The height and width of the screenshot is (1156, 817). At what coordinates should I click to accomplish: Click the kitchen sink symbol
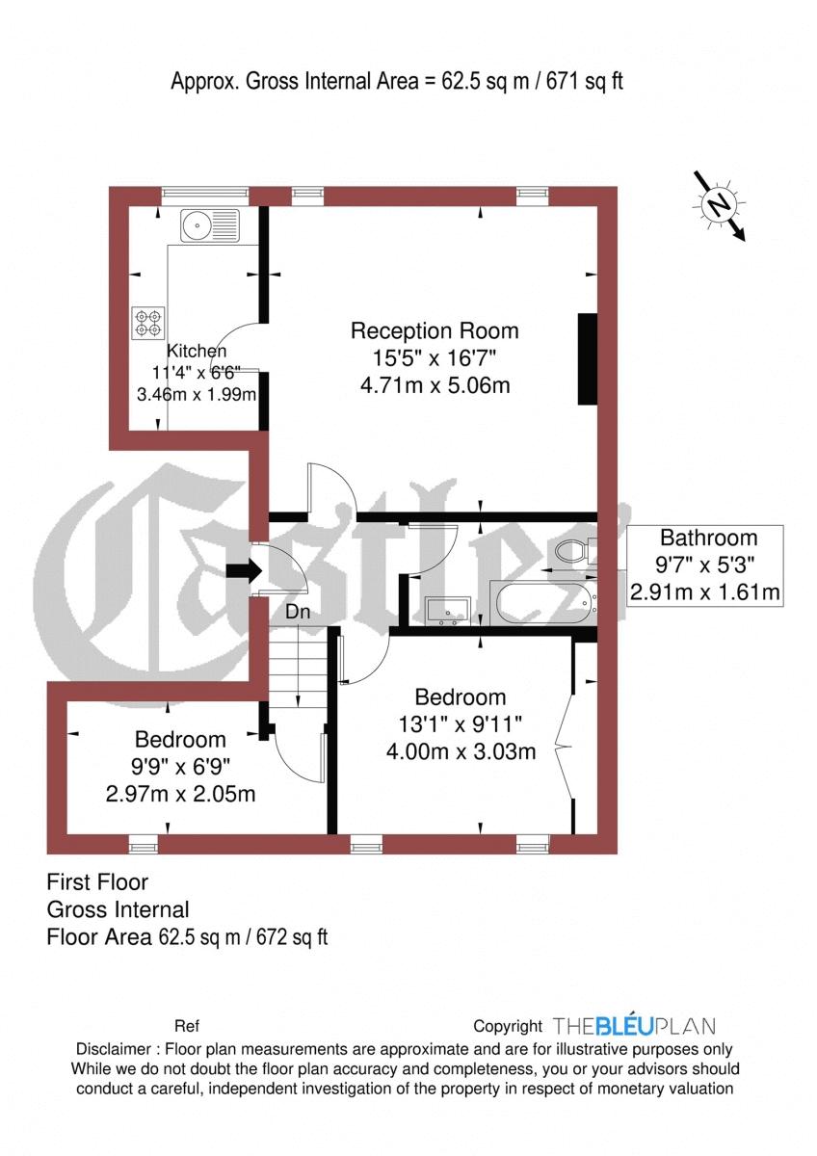pos(209,225)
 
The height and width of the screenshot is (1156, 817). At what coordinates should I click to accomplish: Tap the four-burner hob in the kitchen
pos(148,323)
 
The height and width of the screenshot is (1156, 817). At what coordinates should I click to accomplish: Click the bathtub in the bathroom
pos(543,603)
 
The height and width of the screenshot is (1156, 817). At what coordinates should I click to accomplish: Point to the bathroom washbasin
pos(448,611)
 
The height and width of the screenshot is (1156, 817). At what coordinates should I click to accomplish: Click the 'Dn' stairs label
pos(298,612)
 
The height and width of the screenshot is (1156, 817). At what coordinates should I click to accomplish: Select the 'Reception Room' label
pos(435,330)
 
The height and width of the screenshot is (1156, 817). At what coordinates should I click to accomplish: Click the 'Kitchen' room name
pos(197,351)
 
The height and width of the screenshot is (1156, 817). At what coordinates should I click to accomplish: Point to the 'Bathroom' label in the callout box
pos(708,538)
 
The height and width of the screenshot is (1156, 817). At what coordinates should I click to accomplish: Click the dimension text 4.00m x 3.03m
pos(461,751)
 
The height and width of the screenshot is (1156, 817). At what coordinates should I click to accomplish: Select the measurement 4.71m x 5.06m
pos(435,385)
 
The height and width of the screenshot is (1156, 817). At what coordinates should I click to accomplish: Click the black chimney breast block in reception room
pos(588,358)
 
